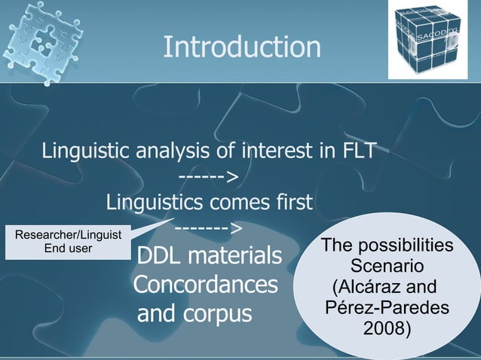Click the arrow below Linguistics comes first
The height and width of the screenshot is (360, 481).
208,227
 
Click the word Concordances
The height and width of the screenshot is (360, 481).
205,285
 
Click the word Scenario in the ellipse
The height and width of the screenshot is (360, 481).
387,267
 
